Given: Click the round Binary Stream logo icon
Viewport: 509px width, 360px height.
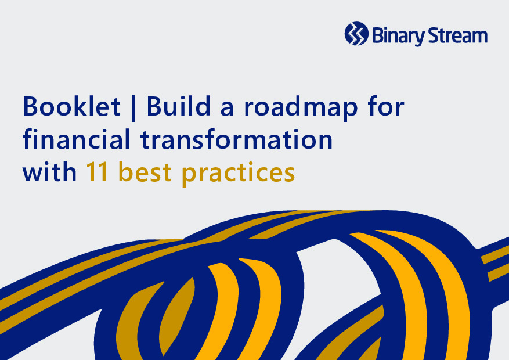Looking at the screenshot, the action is coord(356,34).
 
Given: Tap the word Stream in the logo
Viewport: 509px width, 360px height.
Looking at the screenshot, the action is coord(458,35).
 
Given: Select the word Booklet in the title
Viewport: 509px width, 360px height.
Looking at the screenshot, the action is coord(72,106).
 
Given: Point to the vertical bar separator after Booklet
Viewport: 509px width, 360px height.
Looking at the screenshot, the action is coord(133,108).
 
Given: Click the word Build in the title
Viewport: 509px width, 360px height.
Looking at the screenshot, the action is coord(179,106).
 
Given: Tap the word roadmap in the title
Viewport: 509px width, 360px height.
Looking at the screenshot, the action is coord(301,109).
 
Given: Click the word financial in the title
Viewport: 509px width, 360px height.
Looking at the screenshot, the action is coord(76,139).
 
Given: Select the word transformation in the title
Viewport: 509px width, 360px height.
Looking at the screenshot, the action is coord(236,139).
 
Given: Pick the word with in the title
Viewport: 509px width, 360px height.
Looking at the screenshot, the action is coord(49,171).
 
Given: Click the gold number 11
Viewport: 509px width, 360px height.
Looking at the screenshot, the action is coord(97,171).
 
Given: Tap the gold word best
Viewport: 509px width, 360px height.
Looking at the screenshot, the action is coord(145,171).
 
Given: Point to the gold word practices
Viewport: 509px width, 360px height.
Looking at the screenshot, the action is coord(239,174).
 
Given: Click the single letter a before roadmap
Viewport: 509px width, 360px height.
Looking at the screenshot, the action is coord(227,109).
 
